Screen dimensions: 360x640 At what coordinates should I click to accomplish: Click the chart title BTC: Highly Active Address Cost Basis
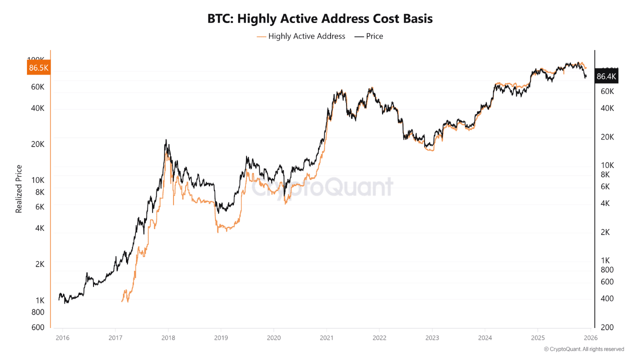(320, 19)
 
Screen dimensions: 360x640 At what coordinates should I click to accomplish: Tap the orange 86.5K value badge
(38, 68)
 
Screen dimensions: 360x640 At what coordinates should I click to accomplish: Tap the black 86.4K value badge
(606, 76)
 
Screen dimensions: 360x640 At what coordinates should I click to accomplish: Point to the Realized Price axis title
(19, 188)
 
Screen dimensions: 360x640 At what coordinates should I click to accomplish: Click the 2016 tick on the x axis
(62, 338)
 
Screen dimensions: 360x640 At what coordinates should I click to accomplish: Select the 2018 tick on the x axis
(168, 338)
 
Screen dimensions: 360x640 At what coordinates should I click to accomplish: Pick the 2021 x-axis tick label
(326, 338)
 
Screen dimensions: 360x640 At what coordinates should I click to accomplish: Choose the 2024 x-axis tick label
(484, 338)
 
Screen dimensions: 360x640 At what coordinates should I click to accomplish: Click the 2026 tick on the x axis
(590, 338)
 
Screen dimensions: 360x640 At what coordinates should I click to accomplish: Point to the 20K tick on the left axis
(38, 144)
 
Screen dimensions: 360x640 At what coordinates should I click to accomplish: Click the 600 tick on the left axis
(38, 327)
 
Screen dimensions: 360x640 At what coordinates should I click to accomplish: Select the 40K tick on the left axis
(38, 108)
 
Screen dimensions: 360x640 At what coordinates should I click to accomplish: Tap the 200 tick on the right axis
(607, 327)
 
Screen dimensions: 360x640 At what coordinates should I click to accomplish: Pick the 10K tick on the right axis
(607, 165)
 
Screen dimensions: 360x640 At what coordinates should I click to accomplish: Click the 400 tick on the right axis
(607, 298)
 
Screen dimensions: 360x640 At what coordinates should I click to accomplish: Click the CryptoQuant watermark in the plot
(322, 187)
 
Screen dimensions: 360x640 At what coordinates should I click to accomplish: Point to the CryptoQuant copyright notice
(583, 349)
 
